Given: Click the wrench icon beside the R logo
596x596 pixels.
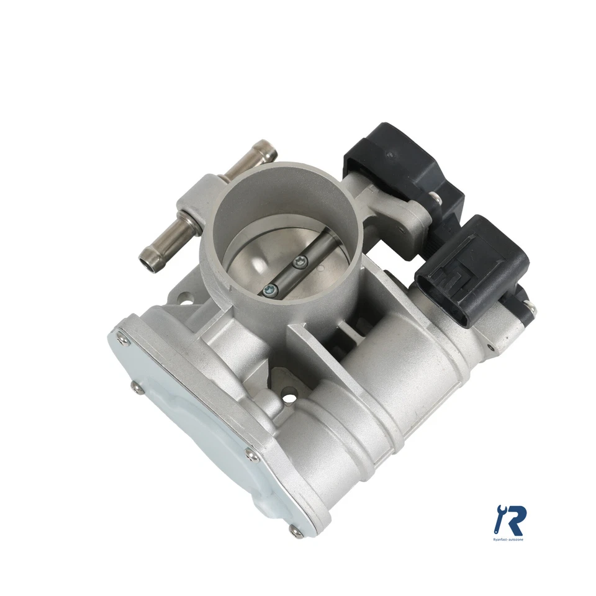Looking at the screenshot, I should tap(498, 519).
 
